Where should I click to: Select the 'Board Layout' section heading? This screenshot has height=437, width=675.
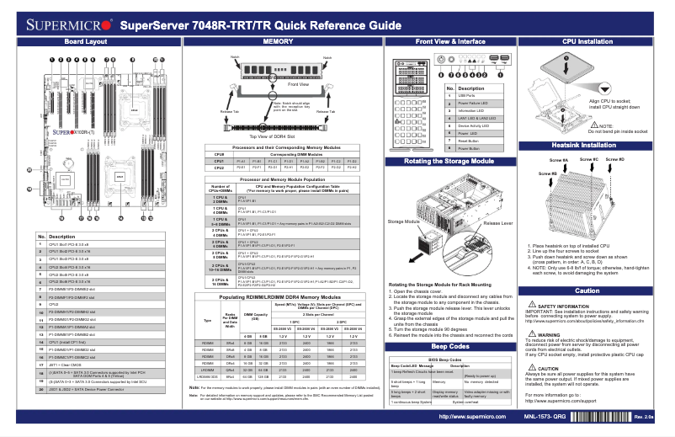coord(85,41)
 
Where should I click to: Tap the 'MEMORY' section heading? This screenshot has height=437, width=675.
coord(278,41)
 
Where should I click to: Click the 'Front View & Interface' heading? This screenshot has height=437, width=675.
coord(449,41)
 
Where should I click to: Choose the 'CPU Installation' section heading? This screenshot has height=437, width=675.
coord(587,41)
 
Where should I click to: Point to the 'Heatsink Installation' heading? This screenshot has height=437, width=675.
coord(587,145)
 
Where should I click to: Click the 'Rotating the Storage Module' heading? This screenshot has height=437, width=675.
coord(449,160)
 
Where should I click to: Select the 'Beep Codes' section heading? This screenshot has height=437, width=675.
coord(449,346)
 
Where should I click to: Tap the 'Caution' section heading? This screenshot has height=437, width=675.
coord(587,290)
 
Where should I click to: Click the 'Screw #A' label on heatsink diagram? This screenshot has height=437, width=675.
coord(558,159)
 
